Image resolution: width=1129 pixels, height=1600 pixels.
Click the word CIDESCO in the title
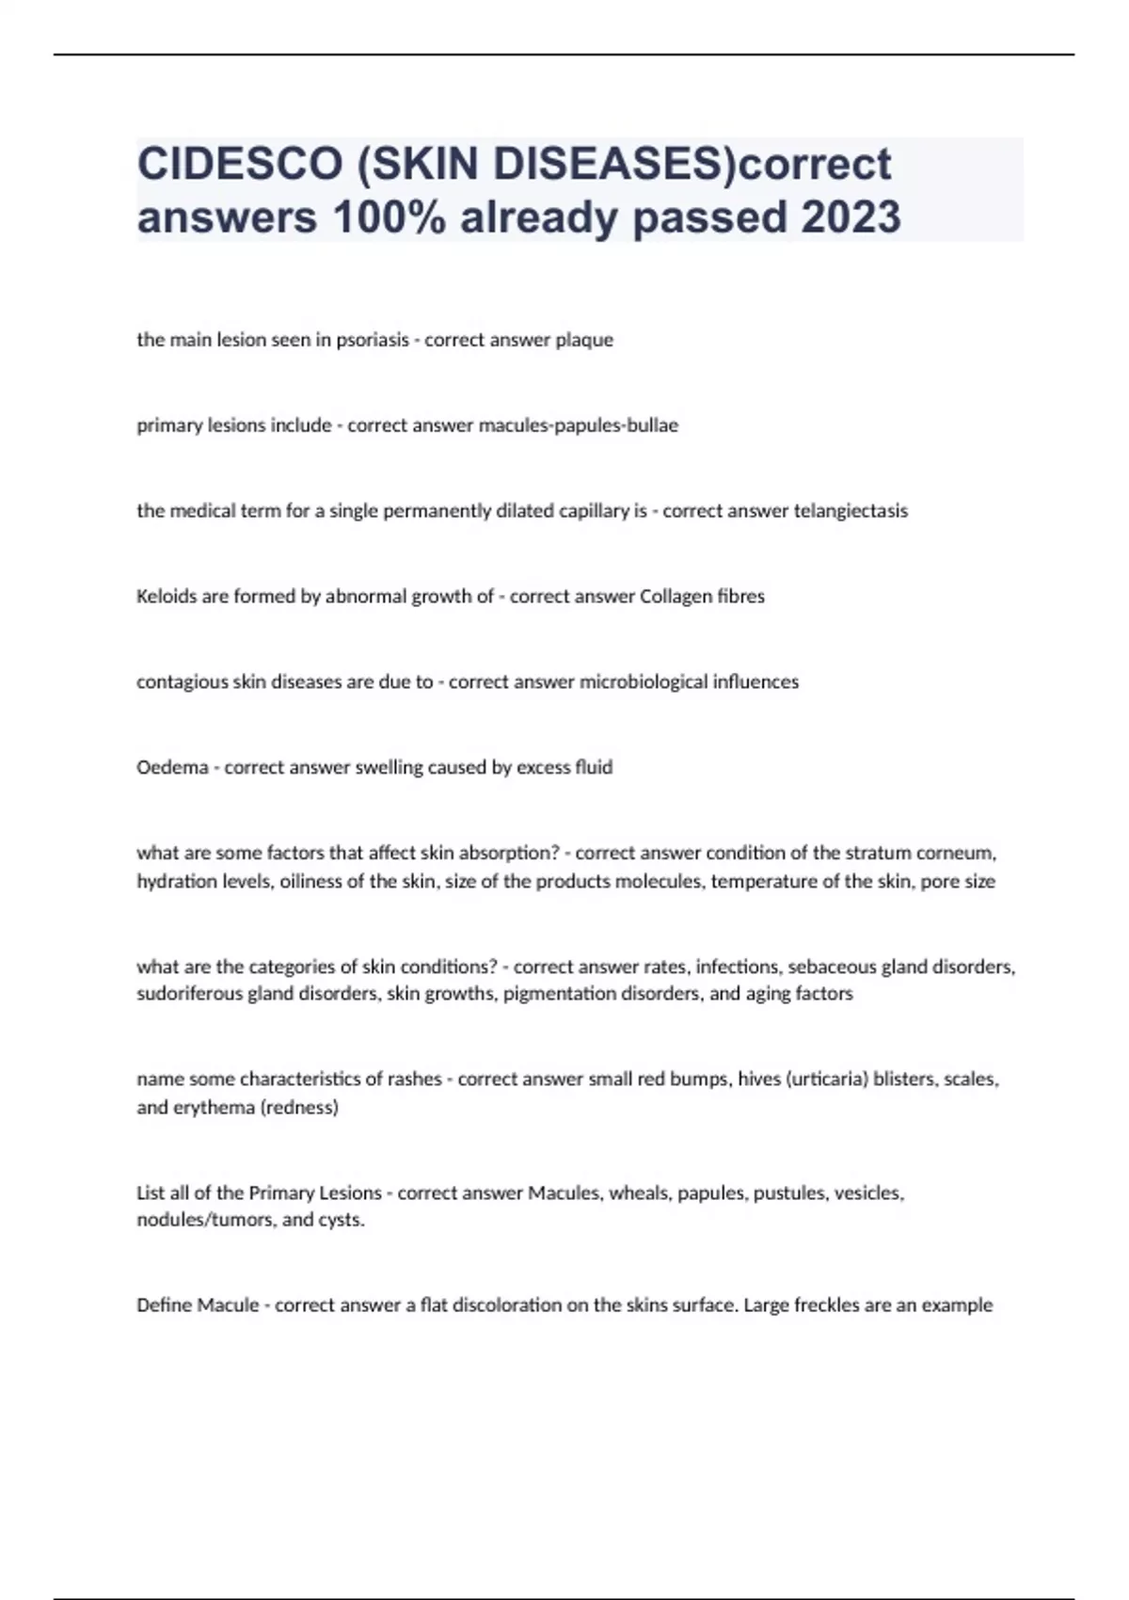(x=240, y=164)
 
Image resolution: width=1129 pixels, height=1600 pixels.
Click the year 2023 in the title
(x=851, y=217)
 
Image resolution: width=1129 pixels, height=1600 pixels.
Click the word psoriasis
(x=373, y=340)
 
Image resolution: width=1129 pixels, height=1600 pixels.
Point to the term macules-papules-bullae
(x=578, y=425)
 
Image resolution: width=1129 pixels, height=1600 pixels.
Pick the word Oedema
(x=172, y=768)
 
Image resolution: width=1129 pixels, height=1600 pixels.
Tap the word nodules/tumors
(x=204, y=1221)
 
